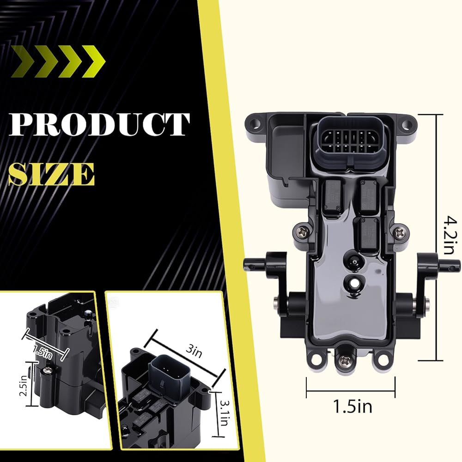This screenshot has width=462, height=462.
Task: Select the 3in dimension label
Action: click(x=194, y=351)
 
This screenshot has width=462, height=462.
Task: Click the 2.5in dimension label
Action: click(x=24, y=386)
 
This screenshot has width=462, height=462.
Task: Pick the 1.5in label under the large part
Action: click(x=353, y=406)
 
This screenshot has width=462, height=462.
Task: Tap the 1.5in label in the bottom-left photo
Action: click(x=43, y=351)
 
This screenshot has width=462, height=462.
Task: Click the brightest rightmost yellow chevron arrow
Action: click(x=93, y=61)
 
